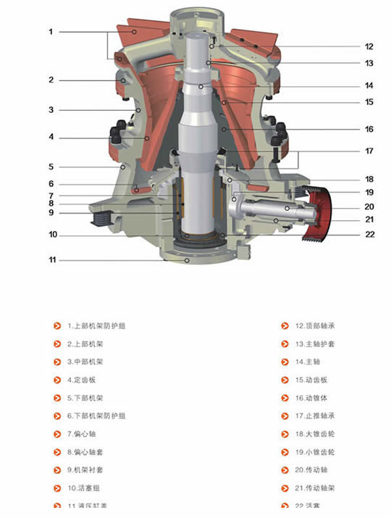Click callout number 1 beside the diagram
(x=51, y=32)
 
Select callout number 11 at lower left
(x=51, y=259)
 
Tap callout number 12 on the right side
(x=369, y=46)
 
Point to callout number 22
(x=369, y=234)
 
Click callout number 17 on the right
(x=369, y=151)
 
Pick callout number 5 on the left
(x=51, y=166)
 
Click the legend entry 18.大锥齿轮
(x=315, y=434)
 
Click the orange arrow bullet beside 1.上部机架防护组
(x=57, y=326)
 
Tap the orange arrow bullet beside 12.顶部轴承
(x=285, y=326)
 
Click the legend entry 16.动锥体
(x=311, y=398)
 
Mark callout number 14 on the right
(x=369, y=85)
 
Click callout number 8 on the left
(x=51, y=204)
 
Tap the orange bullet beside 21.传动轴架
(x=285, y=488)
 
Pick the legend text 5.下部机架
(x=85, y=398)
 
